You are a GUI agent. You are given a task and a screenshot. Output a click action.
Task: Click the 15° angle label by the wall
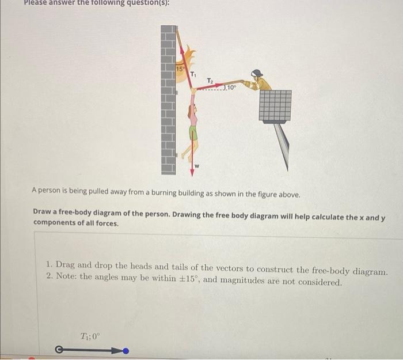point(179,69)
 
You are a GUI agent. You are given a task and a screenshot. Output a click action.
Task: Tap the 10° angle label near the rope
point(231,87)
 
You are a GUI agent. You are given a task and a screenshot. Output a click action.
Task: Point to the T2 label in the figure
point(210,79)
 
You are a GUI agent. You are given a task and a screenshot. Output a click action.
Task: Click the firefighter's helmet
point(257,73)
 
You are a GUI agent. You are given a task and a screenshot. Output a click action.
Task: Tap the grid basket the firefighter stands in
point(275,105)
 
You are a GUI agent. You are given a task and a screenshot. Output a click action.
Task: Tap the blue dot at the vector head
point(126,350)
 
